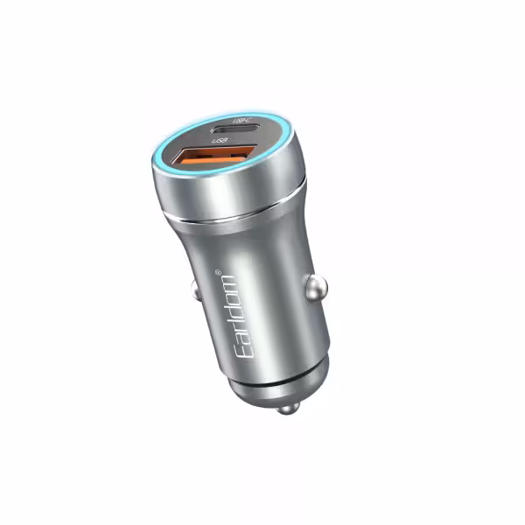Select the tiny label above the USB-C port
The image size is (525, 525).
tap(241, 117)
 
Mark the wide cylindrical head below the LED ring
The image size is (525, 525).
tap(227, 188)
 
